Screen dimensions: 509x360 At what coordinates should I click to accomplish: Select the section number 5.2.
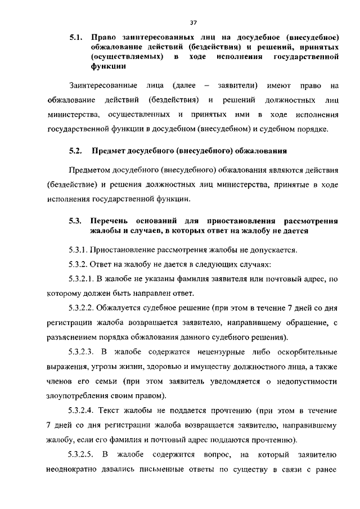(x=76, y=151)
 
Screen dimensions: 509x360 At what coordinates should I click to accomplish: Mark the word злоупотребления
(x=76, y=396)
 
